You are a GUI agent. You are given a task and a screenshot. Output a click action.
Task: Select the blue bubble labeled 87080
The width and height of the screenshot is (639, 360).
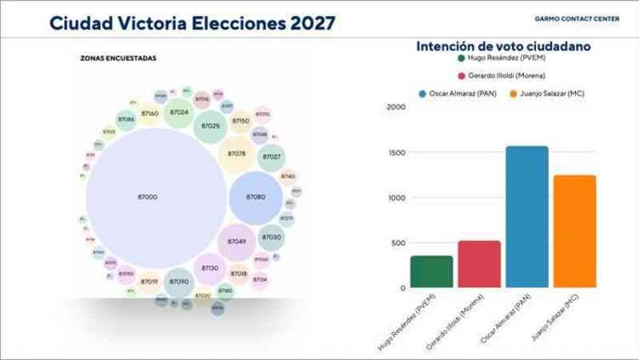click(x=256, y=197)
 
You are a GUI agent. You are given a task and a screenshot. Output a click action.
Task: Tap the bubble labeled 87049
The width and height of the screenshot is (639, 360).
click(x=236, y=241)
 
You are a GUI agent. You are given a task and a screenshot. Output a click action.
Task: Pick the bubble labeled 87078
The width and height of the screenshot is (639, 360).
click(x=236, y=153)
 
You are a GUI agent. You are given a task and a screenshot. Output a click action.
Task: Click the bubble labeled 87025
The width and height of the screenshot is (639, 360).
click(x=211, y=126)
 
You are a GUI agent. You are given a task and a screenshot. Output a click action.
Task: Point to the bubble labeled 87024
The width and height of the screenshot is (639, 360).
click(x=179, y=113)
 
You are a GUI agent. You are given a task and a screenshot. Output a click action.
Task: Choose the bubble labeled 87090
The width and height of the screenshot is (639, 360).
click(x=179, y=282)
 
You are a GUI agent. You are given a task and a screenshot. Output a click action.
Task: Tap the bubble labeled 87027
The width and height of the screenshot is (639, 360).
click(x=272, y=157)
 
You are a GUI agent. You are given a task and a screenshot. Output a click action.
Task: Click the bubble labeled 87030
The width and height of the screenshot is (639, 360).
click(x=272, y=237)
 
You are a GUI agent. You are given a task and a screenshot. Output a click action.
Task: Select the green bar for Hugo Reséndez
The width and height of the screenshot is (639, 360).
click(x=431, y=272)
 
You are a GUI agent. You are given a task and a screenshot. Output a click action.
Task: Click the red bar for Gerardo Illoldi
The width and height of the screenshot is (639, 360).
click(x=479, y=264)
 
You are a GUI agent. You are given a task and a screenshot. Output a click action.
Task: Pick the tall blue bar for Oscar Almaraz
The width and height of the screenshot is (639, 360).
click(x=527, y=217)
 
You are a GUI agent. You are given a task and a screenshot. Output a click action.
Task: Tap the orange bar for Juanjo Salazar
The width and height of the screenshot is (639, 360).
click(x=574, y=231)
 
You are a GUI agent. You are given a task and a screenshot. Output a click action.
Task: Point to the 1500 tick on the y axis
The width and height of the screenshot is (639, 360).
click(x=397, y=152)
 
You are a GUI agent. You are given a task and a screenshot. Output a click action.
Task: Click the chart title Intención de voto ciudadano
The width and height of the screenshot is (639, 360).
click(x=503, y=47)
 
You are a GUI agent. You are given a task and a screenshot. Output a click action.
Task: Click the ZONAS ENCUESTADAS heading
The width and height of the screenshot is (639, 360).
click(x=118, y=58)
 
